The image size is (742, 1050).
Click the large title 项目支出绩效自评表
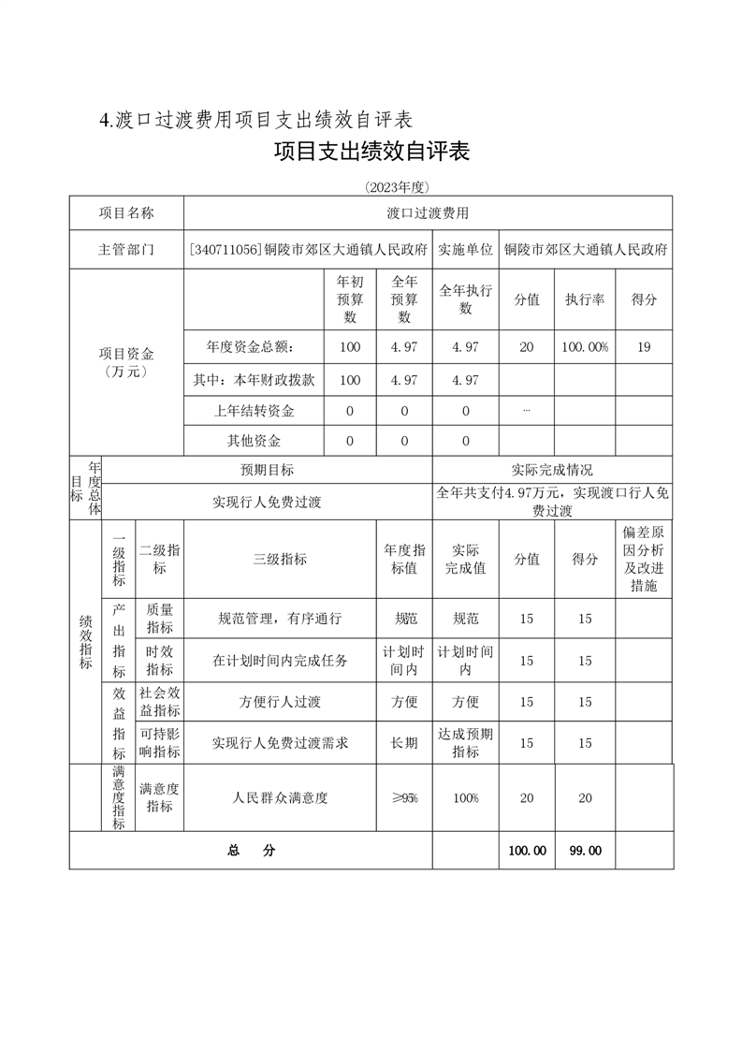click(x=371, y=152)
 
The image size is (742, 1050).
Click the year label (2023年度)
click(x=371, y=187)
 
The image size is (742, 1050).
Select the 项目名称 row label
click(x=126, y=213)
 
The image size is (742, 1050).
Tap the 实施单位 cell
click(x=465, y=250)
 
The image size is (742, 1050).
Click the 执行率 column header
click(x=584, y=300)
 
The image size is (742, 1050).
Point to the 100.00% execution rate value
click(x=584, y=347)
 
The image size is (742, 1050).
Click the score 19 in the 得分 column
click(x=644, y=347)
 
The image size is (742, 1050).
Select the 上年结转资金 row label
click(x=254, y=411)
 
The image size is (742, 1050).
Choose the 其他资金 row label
click(x=254, y=441)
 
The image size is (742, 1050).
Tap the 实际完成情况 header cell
click(x=552, y=470)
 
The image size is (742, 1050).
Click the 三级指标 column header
click(x=279, y=559)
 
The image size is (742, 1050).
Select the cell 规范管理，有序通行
click(x=279, y=619)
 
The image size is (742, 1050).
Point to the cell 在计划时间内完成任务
click(x=279, y=661)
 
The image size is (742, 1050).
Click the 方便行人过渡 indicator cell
click(x=279, y=702)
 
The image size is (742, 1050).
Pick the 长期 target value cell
click(x=403, y=742)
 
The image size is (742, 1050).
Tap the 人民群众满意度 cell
click(x=279, y=798)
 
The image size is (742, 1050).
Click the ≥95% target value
click(x=403, y=798)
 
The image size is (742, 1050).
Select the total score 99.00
click(x=584, y=851)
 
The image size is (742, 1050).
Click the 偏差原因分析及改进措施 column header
click(x=644, y=559)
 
